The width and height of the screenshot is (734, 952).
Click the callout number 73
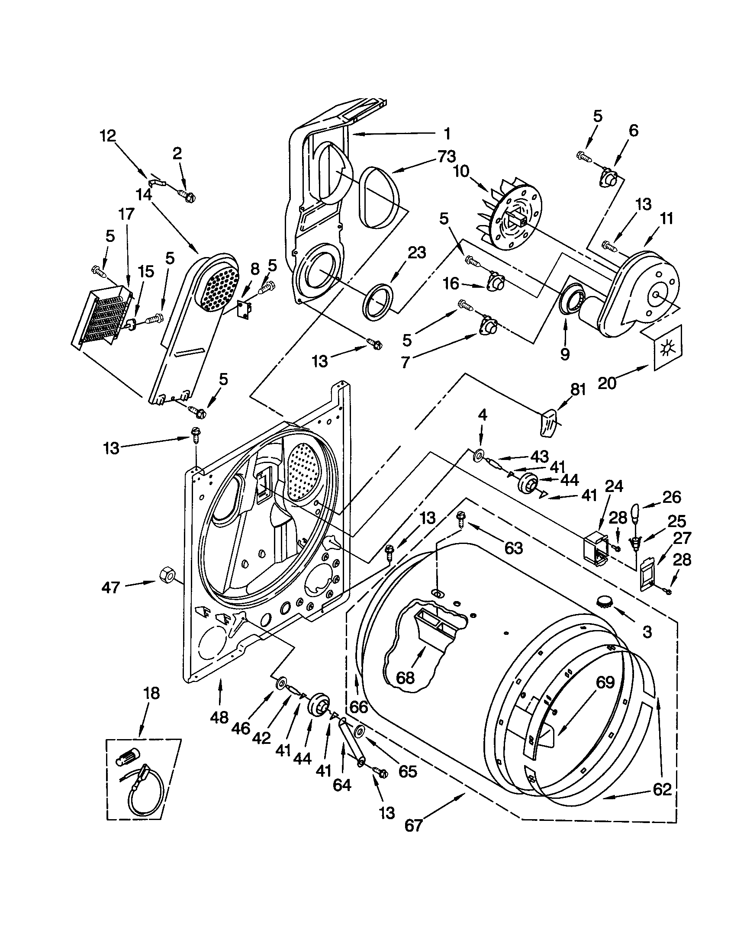[x=447, y=157]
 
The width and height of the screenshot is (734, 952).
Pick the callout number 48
[x=219, y=716]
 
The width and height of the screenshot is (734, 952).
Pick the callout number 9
[x=564, y=354]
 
